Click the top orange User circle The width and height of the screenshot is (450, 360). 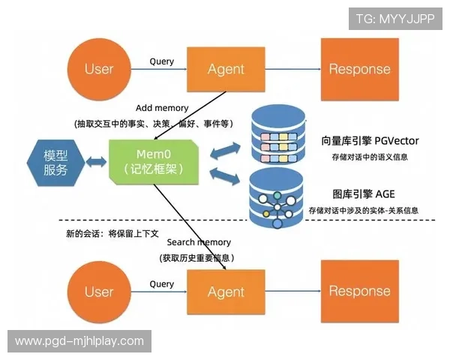coord(98,69)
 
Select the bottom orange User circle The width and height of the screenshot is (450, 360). coord(98,292)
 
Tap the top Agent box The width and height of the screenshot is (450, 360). coord(226,69)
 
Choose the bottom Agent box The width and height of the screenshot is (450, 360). coord(226,292)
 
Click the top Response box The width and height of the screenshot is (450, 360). coord(360,69)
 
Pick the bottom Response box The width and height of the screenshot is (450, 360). coord(360,292)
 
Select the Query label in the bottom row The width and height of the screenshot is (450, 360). coord(162,284)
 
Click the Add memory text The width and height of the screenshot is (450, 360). coord(162,108)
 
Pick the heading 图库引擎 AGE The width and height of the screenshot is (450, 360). coord(364,194)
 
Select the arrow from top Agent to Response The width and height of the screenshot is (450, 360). coord(293,70)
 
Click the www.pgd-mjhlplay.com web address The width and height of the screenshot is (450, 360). coord(79,341)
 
